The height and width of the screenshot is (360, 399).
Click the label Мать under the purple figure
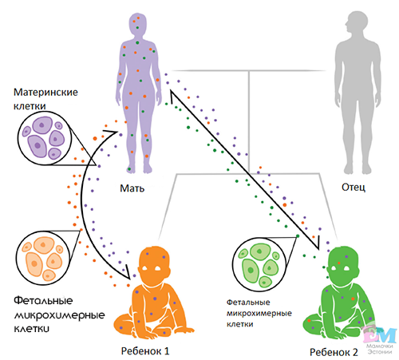(x=132, y=188)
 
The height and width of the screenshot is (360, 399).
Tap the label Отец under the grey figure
(x=354, y=187)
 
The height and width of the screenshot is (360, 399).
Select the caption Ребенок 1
(x=145, y=351)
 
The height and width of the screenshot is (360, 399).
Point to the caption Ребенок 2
(x=334, y=352)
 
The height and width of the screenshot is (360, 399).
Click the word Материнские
(x=45, y=93)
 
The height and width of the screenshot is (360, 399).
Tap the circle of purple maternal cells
(x=45, y=138)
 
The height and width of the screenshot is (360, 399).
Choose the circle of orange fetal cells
(x=43, y=258)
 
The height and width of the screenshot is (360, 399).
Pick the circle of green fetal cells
(x=259, y=264)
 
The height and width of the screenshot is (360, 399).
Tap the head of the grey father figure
(x=357, y=22)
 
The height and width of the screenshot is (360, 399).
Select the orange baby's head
(x=154, y=265)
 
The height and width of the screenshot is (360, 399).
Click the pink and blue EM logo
(x=380, y=334)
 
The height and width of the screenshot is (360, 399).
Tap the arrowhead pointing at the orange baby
(x=127, y=273)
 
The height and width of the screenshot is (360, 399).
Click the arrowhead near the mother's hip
(x=111, y=132)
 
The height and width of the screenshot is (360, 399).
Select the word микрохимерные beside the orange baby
(x=59, y=315)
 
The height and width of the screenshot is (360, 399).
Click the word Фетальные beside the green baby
(x=248, y=303)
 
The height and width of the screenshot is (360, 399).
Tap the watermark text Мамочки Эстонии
(x=380, y=349)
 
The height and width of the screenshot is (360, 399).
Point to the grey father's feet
(x=358, y=168)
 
